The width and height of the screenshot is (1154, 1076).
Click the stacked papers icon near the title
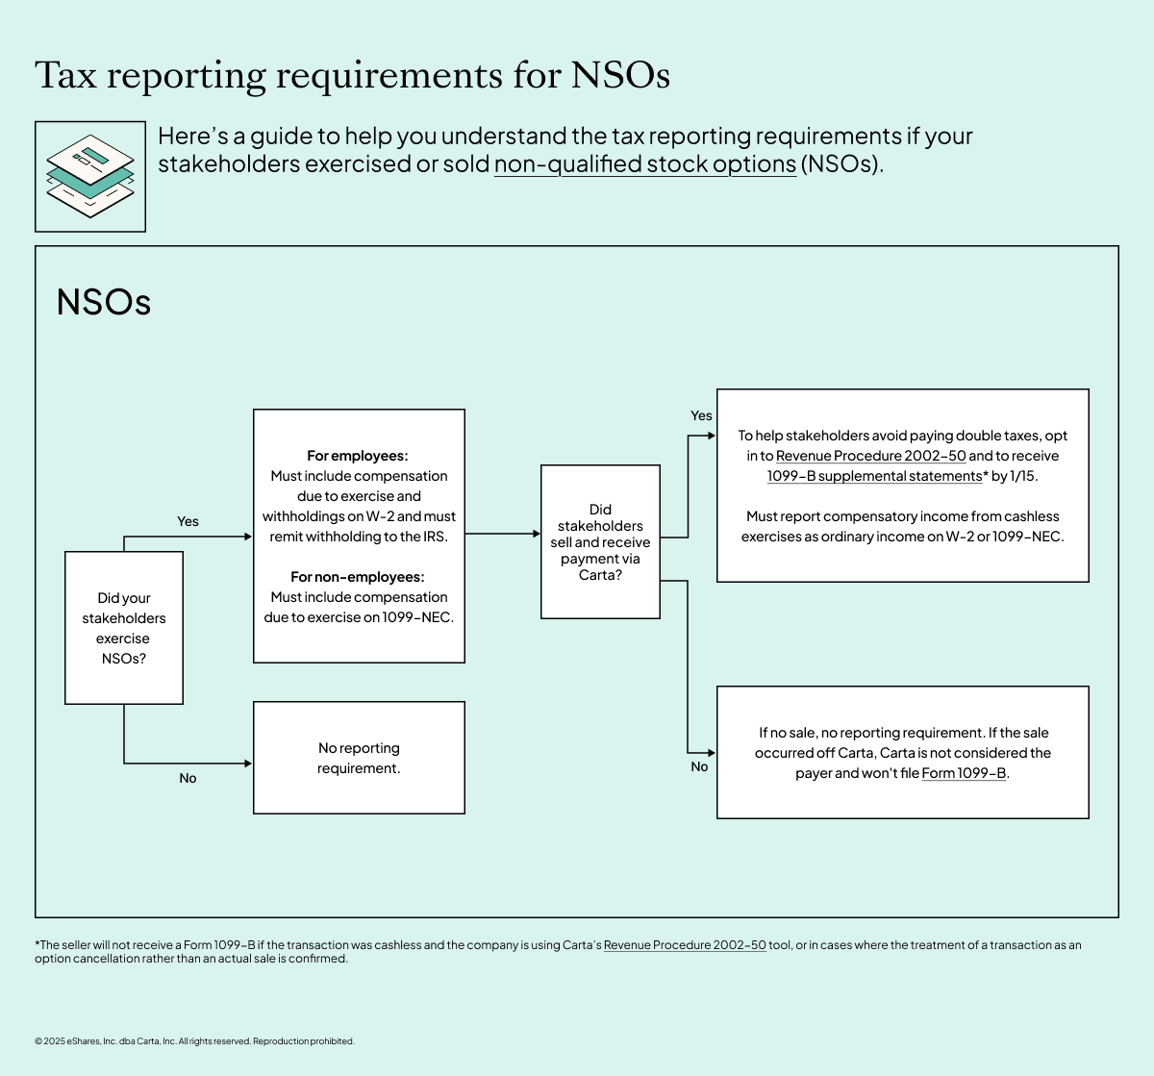point(90,177)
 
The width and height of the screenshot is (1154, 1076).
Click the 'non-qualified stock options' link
point(644,164)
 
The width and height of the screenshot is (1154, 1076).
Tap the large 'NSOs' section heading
point(104,302)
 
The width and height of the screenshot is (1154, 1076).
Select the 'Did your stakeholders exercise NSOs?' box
point(124,628)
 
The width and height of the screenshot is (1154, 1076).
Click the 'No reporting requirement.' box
point(359,758)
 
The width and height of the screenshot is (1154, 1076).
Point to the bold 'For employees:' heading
point(358,456)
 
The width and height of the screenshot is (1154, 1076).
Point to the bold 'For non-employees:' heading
point(358,577)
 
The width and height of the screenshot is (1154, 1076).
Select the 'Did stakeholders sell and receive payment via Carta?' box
point(600,541)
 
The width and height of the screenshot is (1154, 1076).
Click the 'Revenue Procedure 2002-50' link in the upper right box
point(870,456)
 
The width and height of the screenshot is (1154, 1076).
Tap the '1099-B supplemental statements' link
point(874,476)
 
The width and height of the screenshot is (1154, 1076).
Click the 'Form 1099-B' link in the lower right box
point(964,773)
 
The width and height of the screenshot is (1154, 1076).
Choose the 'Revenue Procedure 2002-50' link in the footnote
point(685,945)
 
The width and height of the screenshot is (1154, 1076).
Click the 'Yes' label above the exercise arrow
point(188,521)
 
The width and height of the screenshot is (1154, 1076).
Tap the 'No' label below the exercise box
point(188,778)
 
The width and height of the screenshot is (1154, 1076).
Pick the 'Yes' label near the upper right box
point(701,415)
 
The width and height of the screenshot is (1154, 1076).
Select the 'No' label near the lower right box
point(699,766)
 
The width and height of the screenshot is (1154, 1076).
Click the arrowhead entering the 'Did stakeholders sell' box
point(536,534)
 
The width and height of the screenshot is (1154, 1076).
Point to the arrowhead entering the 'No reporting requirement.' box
point(248,763)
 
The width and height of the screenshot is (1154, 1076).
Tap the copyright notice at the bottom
point(194,1041)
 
